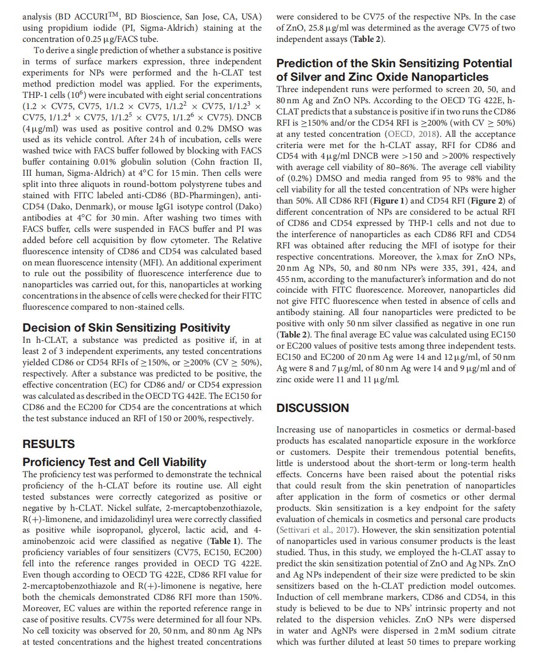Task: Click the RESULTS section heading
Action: (49, 444)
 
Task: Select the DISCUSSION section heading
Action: (313, 408)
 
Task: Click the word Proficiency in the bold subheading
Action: (54, 462)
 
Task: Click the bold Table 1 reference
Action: (224, 541)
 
